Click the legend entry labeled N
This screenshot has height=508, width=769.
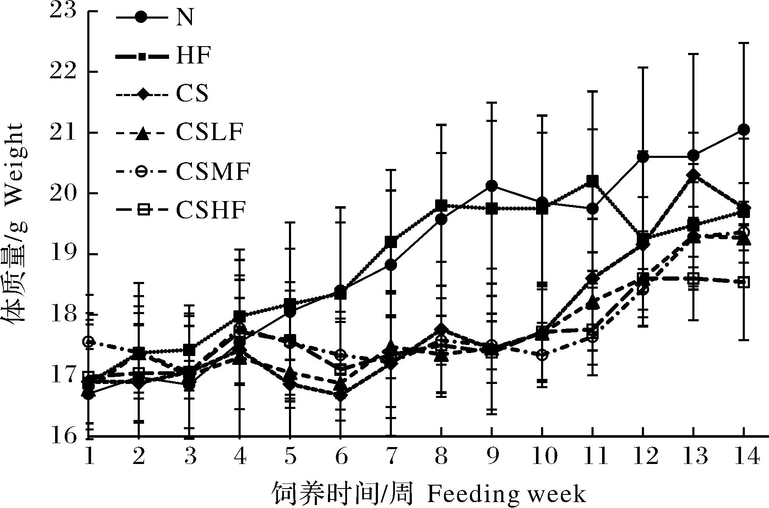185,18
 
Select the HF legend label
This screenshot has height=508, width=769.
193,55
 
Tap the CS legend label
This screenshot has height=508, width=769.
192,94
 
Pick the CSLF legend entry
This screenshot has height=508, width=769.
209,132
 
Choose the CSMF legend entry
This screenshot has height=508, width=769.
213,171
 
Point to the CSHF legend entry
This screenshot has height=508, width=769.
211,210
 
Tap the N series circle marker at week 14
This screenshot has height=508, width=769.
744,130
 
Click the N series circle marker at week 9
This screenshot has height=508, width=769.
491,186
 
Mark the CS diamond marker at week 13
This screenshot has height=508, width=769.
693,176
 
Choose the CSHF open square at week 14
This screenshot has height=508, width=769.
744,282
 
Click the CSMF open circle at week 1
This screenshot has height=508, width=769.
89,342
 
